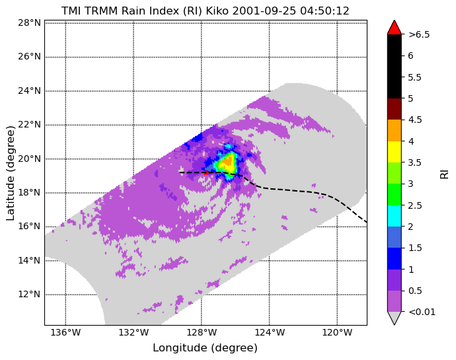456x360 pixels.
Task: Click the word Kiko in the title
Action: click(217, 11)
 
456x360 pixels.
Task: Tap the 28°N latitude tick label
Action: click(29, 22)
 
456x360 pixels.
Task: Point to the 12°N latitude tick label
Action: click(29, 295)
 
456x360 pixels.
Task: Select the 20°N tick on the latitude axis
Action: click(29, 159)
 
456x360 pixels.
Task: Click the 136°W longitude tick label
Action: click(65, 332)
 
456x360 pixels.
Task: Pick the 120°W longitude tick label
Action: click(337, 332)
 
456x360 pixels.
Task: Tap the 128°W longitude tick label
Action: click(202, 332)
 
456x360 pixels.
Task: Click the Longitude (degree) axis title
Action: click(206, 348)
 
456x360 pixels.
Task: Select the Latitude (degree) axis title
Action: click(10, 173)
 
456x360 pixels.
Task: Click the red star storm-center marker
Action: click(206, 172)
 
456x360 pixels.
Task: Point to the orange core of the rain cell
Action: click(229, 161)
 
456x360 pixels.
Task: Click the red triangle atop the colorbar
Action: click(395, 27)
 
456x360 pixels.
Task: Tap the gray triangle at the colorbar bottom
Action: click(395, 318)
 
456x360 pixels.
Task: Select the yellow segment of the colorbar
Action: click(395, 152)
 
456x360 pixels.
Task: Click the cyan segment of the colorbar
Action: click(395, 216)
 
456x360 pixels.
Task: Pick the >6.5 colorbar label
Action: click(419, 34)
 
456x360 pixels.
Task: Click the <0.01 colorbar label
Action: click(422, 312)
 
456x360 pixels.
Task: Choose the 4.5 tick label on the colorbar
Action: click(415, 120)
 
